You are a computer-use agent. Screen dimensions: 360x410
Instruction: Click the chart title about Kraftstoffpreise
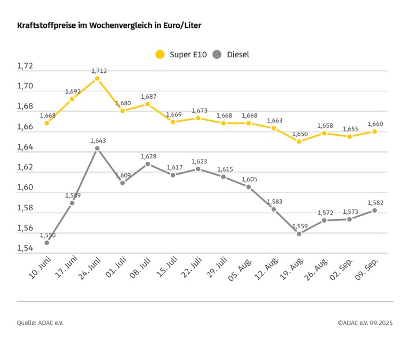pyautogui.click(x=109, y=26)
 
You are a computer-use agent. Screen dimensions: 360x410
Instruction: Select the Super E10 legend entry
pyautogui.click(x=180, y=54)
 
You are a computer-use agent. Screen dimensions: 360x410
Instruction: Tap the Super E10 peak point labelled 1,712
pyautogui.click(x=97, y=78)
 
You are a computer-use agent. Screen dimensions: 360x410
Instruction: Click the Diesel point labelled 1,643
pyautogui.click(x=97, y=149)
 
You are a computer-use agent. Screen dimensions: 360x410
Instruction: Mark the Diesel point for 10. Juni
pyautogui.click(x=47, y=243)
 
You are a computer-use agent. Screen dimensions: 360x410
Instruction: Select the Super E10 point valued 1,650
pyautogui.click(x=299, y=141)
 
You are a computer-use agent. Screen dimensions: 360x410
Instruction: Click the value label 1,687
pyautogui.click(x=148, y=97)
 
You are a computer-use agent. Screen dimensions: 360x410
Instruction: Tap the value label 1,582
pyautogui.click(x=375, y=202)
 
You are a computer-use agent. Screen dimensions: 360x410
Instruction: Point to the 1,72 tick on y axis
pyautogui.click(x=25, y=66)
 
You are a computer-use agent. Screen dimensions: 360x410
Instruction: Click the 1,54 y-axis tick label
pyautogui.click(x=25, y=248)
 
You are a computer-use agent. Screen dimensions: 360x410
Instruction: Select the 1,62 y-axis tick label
pyautogui.click(x=25, y=168)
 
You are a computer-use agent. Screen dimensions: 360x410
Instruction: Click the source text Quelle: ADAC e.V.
pyautogui.click(x=40, y=322)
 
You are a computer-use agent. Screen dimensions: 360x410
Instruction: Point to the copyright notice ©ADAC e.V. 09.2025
pyautogui.click(x=365, y=322)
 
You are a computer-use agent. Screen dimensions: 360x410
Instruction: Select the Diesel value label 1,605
pyautogui.click(x=249, y=179)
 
